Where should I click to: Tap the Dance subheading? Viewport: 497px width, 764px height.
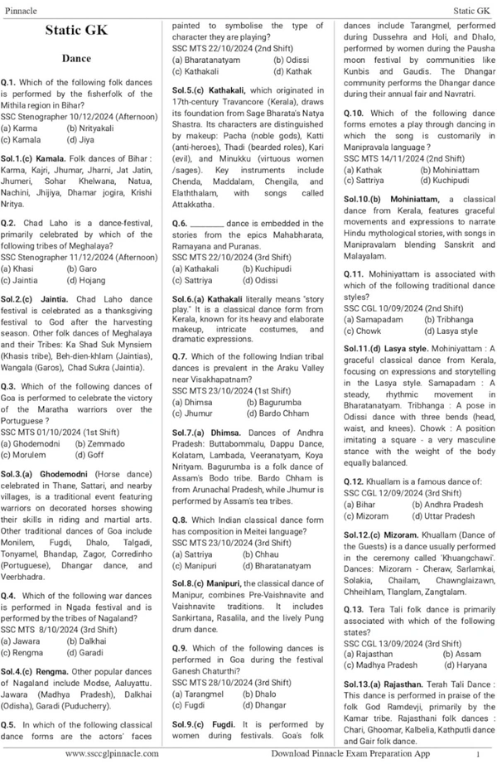tap(81, 60)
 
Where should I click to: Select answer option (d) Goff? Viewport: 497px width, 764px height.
tap(89, 455)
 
